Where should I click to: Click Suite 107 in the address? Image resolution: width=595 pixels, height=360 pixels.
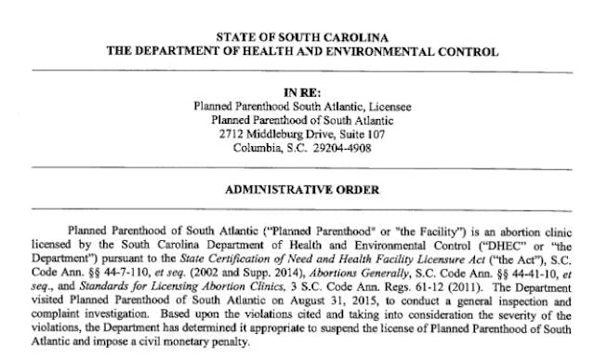(360, 134)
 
